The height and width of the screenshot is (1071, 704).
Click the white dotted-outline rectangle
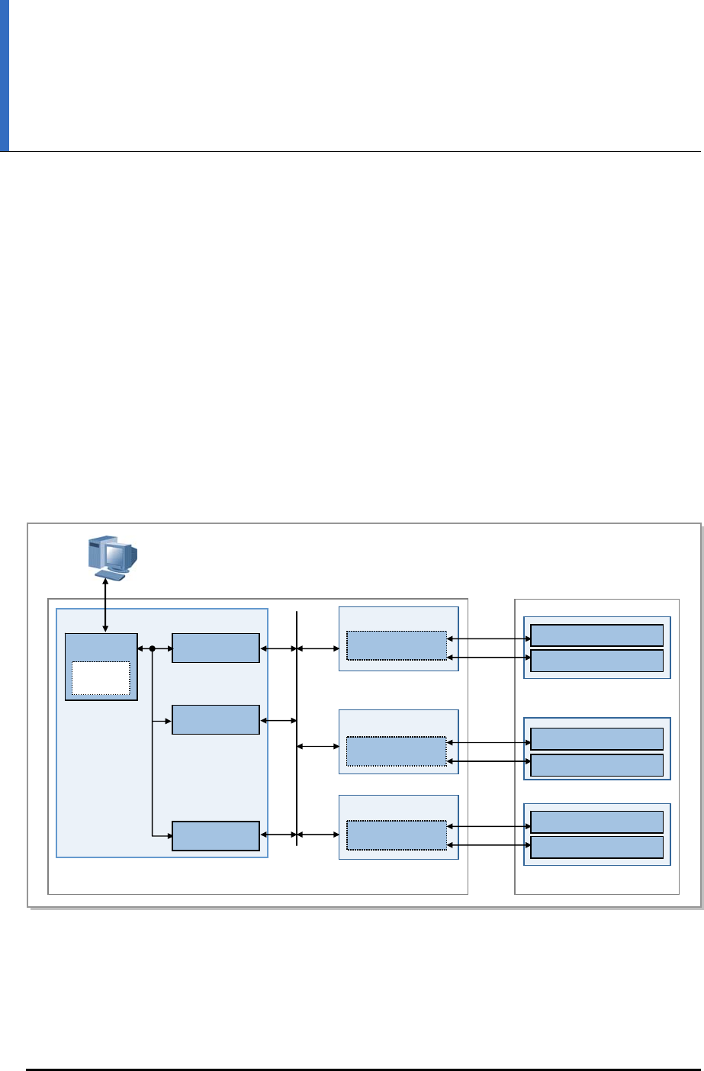click(101, 678)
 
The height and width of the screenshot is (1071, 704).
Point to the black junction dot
click(153, 648)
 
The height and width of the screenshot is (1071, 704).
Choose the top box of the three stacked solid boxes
click(216, 648)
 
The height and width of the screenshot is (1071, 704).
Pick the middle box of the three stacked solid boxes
click(216, 719)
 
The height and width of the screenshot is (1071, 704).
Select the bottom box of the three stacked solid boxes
click(216, 836)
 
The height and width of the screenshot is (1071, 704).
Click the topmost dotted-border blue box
click(396, 645)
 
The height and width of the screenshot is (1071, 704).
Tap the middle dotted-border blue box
click(396, 751)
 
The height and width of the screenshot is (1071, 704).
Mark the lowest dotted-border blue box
click(396, 835)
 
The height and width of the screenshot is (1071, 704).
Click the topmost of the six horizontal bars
click(596, 635)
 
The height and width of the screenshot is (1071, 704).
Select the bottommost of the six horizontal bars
click(596, 847)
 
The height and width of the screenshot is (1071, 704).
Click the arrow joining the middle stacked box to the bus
click(278, 719)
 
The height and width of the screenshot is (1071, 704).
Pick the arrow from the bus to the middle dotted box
click(317, 746)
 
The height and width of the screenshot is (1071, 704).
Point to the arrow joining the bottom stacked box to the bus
click(278, 836)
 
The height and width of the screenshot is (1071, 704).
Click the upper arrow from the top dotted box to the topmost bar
click(488, 638)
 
